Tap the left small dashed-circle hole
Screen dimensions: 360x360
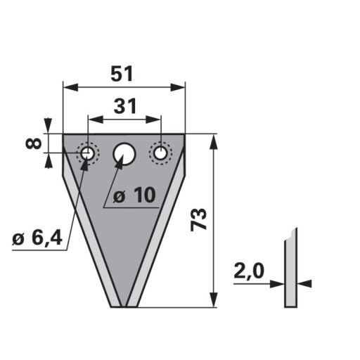pyautogui.click(x=88, y=153)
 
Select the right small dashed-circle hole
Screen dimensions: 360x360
pyautogui.click(x=161, y=153)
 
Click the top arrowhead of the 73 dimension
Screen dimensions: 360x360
pyautogui.click(x=214, y=139)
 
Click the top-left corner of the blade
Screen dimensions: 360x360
pyautogui.click(x=64, y=135)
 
